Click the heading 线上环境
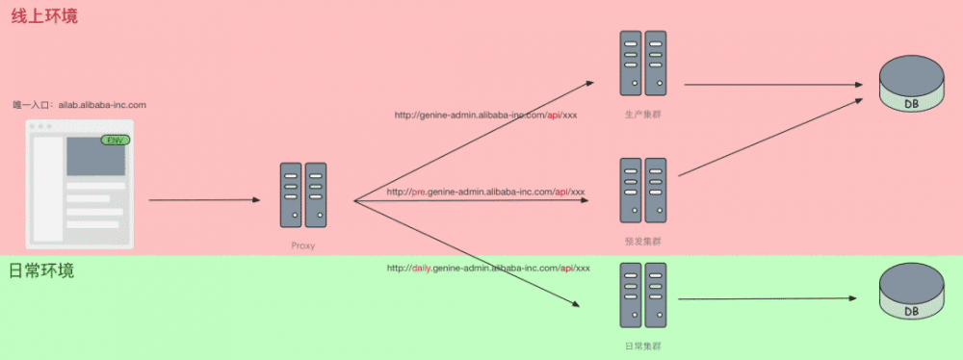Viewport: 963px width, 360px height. point(44,16)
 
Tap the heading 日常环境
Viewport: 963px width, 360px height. point(41,271)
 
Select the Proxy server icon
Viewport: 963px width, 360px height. point(303,195)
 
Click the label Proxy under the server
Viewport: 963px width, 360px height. point(303,245)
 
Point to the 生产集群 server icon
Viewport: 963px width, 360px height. point(643,64)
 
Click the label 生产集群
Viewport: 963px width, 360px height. point(643,115)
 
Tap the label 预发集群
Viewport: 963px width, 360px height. point(643,241)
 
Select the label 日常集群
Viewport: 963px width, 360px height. point(643,345)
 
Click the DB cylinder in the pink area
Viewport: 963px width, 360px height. point(911,85)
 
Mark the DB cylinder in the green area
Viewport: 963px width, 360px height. point(911,293)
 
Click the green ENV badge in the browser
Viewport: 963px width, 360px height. point(116,141)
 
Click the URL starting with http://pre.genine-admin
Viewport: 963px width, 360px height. point(485,192)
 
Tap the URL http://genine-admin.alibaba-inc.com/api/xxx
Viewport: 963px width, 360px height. point(485,115)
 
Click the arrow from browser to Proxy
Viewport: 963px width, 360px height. point(204,200)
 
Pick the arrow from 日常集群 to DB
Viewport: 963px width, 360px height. point(770,298)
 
